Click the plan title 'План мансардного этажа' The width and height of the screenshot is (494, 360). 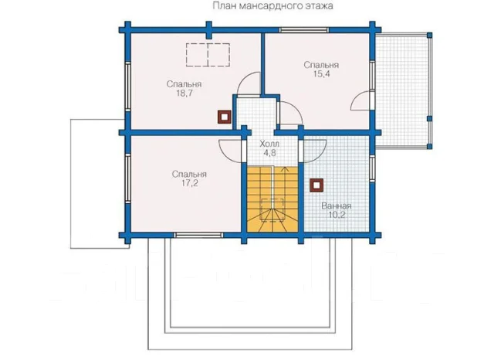(272, 6)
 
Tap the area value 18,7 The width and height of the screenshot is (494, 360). (184, 93)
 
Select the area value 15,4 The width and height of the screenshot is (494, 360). (321, 73)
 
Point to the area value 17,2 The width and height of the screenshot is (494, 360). (189, 183)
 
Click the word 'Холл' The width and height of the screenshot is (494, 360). (269, 144)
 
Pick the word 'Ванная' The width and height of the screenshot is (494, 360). (337, 206)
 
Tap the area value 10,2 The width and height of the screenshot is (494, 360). (337, 215)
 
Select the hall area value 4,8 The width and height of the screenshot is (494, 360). (269, 153)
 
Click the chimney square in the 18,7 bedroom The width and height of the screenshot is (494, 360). (225, 117)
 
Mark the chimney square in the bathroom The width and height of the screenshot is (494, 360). (316, 185)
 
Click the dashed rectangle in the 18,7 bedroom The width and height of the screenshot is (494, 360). (208, 55)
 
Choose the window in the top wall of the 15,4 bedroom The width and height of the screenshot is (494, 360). (304, 30)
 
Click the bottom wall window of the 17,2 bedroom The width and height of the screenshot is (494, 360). (198, 235)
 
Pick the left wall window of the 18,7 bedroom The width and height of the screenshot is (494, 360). (127, 87)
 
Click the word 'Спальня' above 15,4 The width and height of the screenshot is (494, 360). (321, 65)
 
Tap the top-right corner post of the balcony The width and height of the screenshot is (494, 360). (429, 35)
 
